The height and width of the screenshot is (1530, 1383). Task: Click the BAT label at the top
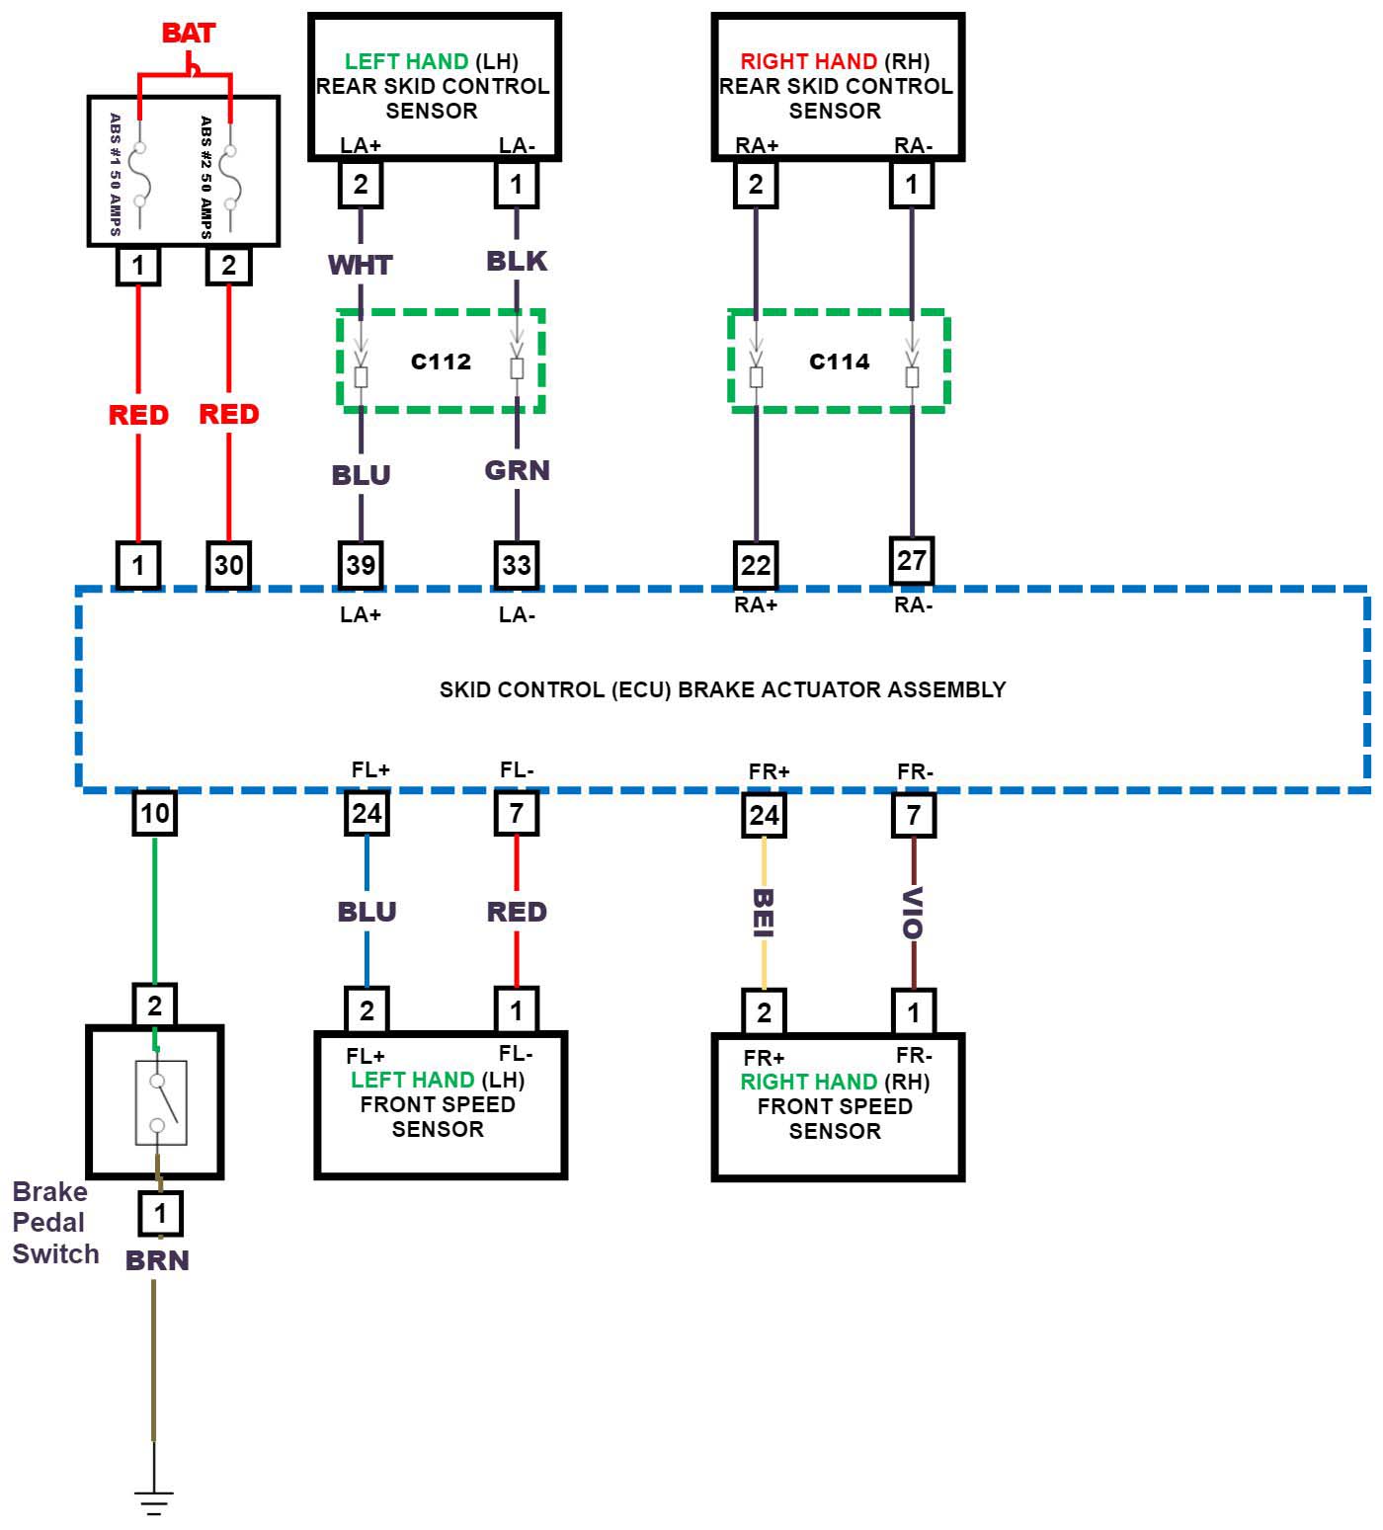point(188,34)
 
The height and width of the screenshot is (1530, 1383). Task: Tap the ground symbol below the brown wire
point(154,1501)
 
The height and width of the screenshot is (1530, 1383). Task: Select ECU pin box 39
point(361,565)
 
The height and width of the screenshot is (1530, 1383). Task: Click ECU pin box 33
point(517,565)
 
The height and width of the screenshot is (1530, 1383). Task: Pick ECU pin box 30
point(228,565)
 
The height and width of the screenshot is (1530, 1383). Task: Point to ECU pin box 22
point(756,565)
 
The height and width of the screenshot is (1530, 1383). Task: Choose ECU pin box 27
point(912,561)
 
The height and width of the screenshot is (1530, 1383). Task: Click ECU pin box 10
point(155,814)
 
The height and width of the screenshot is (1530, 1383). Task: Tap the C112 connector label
point(441,362)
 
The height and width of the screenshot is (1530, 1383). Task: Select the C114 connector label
point(839,362)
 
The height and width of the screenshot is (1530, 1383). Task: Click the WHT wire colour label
point(361,266)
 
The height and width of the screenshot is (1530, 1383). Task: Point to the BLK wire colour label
point(517,262)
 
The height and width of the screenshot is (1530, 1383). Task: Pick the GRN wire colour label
point(517,471)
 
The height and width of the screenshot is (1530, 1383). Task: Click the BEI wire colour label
point(764,913)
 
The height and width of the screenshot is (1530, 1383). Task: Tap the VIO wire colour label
point(914,913)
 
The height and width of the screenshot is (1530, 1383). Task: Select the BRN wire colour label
point(157,1260)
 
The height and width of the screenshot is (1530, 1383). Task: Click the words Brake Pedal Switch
point(55,1223)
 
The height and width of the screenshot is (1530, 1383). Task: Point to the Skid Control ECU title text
point(722,689)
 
